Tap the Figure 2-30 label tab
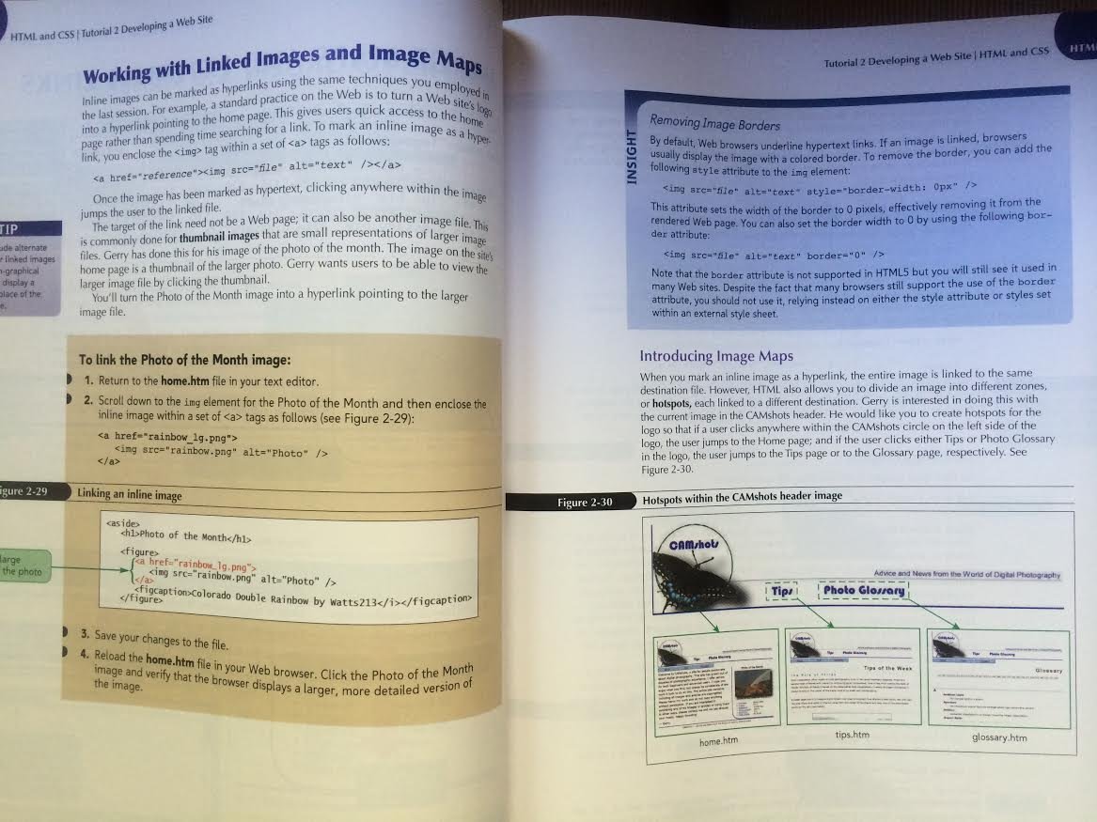[585, 503]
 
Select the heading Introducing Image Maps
[716, 356]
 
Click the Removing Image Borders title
[714, 122]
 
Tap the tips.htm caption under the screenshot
[852, 734]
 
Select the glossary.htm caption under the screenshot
[999, 737]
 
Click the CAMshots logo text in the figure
[696, 545]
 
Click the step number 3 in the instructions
[85, 634]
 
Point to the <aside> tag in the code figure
[124, 521]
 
